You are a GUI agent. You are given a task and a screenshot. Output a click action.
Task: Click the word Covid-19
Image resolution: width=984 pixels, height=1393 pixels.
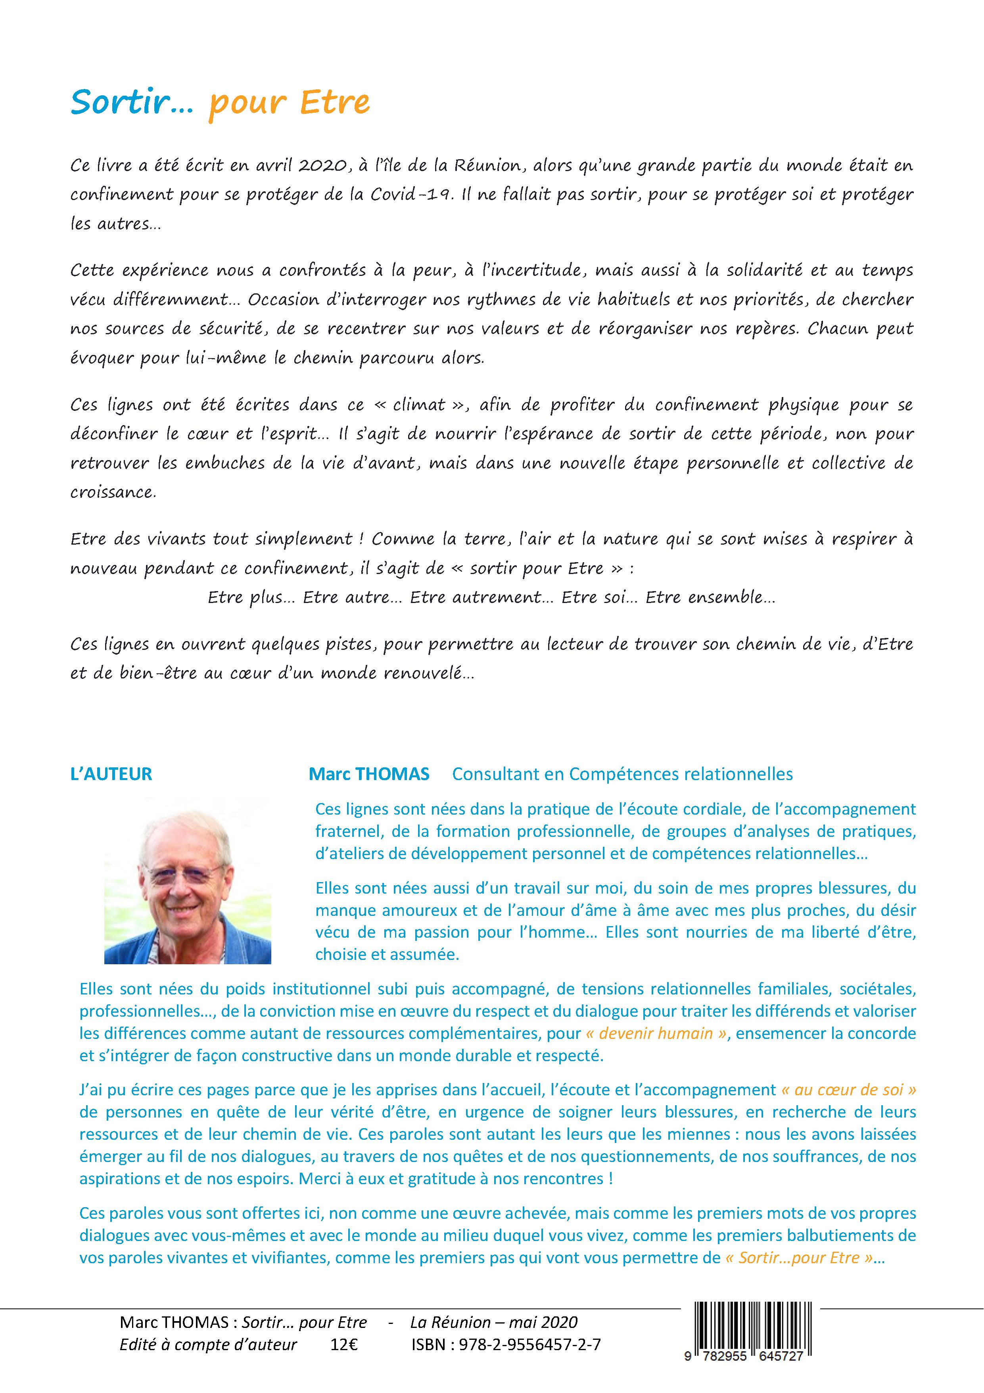[415, 195]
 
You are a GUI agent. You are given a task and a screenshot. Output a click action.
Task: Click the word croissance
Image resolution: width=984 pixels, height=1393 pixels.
[113, 492]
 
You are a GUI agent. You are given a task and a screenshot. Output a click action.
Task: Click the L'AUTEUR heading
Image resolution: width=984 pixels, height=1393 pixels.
[111, 774]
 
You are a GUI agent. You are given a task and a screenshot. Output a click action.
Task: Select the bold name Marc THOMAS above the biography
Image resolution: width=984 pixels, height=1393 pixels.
[369, 774]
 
